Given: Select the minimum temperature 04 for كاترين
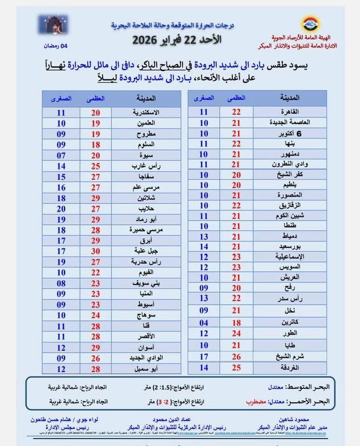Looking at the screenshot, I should click(203, 322).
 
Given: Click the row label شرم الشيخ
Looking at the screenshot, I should click(290, 357).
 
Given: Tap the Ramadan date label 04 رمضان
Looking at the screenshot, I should click(55, 46).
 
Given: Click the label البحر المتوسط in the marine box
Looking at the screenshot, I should click(312, 387).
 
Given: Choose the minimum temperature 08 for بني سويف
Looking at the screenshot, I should click(61, 282).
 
